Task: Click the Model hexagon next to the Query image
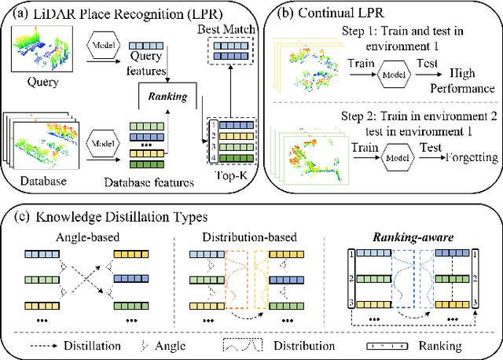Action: pyautogui.click(x=106, y=46)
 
